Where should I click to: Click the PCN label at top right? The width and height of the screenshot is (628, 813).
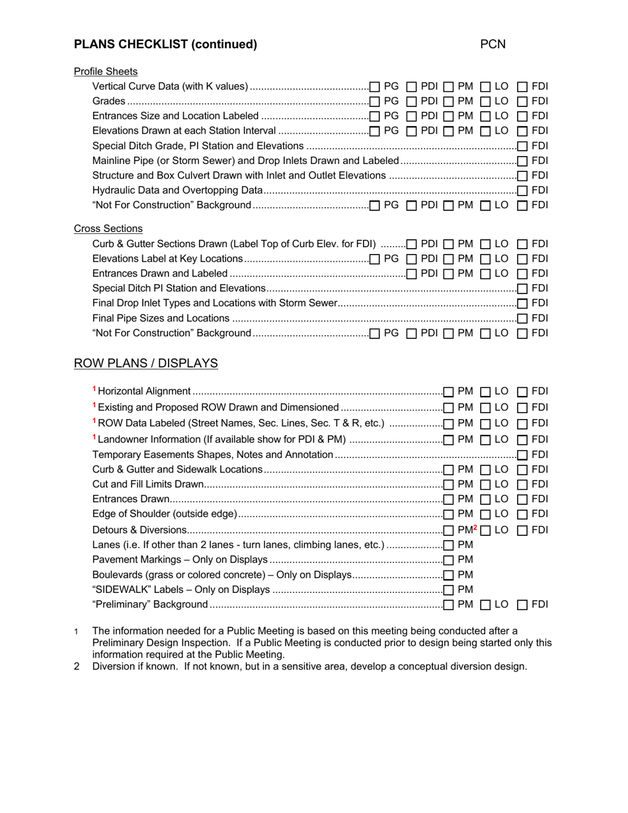[492, 44]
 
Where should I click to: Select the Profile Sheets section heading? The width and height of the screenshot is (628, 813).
[106, 71]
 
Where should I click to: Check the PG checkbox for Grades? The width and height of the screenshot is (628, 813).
[375, 102]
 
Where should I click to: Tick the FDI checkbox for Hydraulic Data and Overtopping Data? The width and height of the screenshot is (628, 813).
[522, 191]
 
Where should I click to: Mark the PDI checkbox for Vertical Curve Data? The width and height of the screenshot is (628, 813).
[411, 87]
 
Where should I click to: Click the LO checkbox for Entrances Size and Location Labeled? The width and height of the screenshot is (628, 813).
[485, 116]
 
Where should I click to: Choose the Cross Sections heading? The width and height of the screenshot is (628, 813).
[108, 229]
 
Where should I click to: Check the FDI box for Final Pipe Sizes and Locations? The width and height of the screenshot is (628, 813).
[522, 319]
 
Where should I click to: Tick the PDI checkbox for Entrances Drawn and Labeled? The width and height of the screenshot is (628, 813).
[411, 274]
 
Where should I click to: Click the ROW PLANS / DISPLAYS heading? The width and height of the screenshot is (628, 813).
[145, 364]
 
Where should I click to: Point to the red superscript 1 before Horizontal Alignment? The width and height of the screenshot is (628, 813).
[95, 389]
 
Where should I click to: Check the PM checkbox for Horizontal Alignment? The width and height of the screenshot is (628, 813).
[449, 392]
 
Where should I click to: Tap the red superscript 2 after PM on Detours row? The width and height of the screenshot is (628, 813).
[475, 527]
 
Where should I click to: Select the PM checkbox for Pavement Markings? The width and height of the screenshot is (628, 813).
[449, 561]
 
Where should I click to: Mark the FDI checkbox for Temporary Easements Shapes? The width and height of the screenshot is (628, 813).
[522, 455]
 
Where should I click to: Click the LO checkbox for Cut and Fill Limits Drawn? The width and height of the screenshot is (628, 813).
[485, 485]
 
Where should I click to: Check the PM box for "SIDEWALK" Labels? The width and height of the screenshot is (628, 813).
[449, 590]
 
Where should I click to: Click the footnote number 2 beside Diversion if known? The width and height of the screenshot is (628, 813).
[77, 666]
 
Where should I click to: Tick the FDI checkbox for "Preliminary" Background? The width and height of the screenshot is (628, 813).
[522, 605]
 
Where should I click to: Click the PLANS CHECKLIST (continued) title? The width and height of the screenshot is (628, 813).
[165, 44]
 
